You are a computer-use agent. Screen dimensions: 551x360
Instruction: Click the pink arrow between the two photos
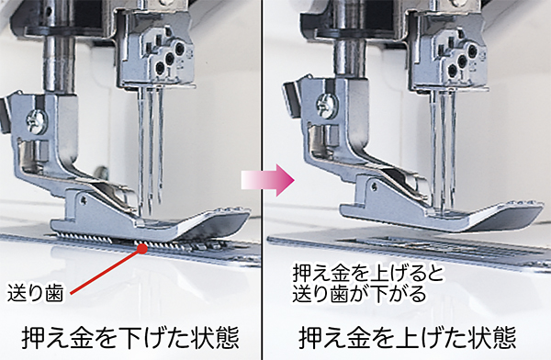click(x=268, y=180)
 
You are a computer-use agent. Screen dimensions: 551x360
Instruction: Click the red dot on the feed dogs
click(x=142, y=248)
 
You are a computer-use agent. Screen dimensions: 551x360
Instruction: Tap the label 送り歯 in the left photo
click(x=35, y=293)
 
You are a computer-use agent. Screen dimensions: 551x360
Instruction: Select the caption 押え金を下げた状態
click(x=130, y=337)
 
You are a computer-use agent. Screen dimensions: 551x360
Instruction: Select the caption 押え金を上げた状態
click(x=408, y=337)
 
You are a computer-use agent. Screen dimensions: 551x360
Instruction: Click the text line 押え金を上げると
click(x=369, y=274)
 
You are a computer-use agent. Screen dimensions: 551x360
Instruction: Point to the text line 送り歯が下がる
click(x=359, y=293)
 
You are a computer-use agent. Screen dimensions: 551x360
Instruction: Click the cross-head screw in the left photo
click(x=36, y=122)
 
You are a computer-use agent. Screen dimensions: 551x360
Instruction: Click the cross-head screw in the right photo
click(x=326, y=106)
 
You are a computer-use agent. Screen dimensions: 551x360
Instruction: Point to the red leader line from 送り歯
click(x=106, y=271)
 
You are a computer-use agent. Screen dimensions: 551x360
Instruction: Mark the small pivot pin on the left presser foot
click(x=84, y=201)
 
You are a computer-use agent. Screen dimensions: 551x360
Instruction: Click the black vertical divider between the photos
click(x=262, y=180)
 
